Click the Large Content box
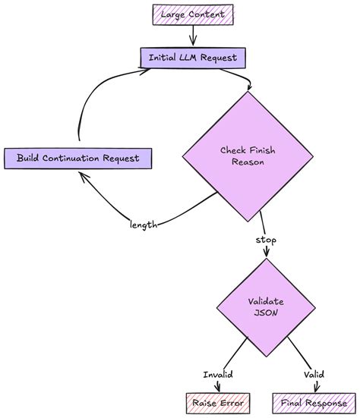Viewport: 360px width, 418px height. (193, 14)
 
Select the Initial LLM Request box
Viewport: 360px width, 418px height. (193, 57)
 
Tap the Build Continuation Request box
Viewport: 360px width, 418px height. (77, 158)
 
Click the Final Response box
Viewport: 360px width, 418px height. (310, 402)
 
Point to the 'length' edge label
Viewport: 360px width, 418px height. (143, 224)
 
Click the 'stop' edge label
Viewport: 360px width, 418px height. (266, 240)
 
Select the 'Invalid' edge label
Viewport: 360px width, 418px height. (217, 374)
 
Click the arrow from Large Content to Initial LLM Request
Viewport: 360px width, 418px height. (193, 36)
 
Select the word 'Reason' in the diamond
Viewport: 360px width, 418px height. (248, 162)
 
